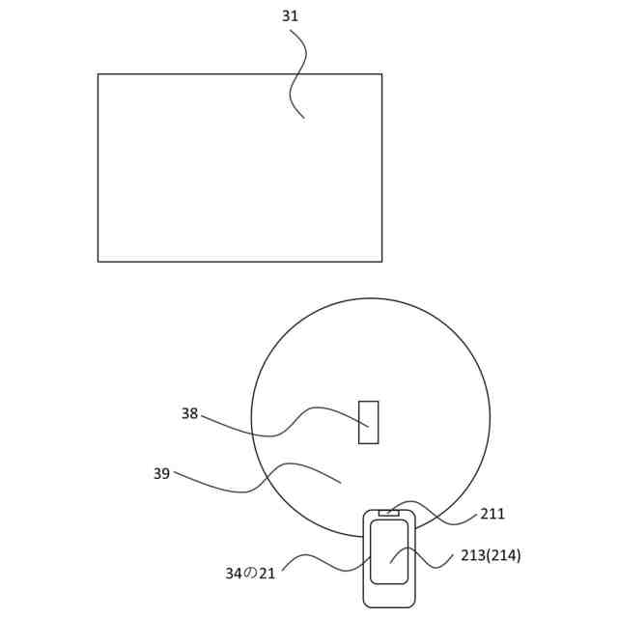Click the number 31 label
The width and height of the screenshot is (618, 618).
[x=291, y=16]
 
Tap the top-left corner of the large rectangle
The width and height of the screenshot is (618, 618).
[x=98, y=74]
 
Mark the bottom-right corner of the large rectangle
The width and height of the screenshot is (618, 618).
[x=381, y=261]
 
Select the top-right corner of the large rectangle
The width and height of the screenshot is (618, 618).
[x=381, y=74]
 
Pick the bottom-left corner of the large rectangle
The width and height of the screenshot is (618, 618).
[x=98, y=261]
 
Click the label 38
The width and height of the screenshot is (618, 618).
[x=189, y=413]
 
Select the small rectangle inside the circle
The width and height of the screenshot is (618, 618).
[x=368, y=422]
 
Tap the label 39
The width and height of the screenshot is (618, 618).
[x=161, y=473]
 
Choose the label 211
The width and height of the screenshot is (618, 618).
[x=492, y=514]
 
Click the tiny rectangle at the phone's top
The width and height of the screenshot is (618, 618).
[x=388, y=513]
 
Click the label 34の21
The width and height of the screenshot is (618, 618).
[x=250, y=573]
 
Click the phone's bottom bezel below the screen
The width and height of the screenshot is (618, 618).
[x=389, y=595]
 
